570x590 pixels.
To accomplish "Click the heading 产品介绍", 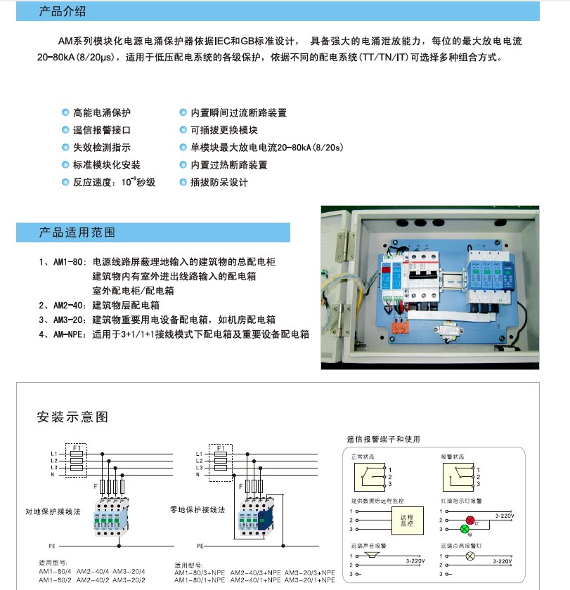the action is (x=63, y=12).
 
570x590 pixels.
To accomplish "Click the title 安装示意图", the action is (x=72, y=417).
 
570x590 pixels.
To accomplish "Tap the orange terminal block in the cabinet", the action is (x=403, y=325).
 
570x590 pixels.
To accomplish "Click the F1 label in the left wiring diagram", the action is (x=77, y=447).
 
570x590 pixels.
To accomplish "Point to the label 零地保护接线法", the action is (x=197, y=509).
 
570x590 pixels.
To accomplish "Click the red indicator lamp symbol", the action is (x=470, y=520).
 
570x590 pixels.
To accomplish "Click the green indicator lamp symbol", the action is (x=464, y=528).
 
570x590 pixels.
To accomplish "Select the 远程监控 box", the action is (x=403, y=520).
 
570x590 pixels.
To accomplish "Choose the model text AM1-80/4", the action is (x=56, y=572).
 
